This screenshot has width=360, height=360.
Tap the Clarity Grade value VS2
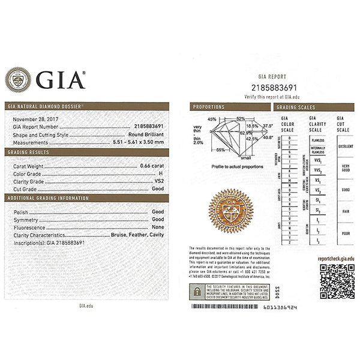click(x=158, y=181)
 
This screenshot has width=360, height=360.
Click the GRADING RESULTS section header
click(x=29, y=152)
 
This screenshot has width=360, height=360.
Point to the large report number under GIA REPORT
click(x=271, y=88)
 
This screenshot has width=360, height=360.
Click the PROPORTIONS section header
click(x=208, y=107)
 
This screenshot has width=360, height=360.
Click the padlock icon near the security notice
click(x=196, y=292)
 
